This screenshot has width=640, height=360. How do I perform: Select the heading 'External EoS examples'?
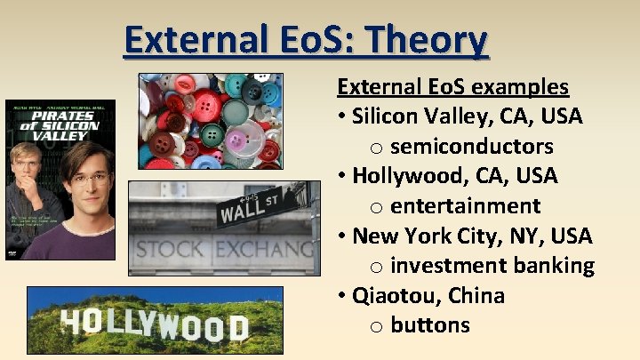point(452,87)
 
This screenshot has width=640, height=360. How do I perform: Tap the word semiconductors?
point(471,147)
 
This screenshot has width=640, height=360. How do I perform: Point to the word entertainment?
point(465,206)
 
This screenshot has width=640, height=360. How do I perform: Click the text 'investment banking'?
point(492,266)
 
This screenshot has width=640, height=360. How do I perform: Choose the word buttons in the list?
point(429,325)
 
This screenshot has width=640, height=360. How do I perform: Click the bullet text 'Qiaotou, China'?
point(428,295)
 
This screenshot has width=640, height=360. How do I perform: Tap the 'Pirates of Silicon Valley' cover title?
point(60,125)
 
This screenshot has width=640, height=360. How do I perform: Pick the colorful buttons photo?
point(211,122)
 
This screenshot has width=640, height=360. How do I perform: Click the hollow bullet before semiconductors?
point(377,148)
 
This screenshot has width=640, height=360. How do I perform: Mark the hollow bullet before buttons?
point(377,327)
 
